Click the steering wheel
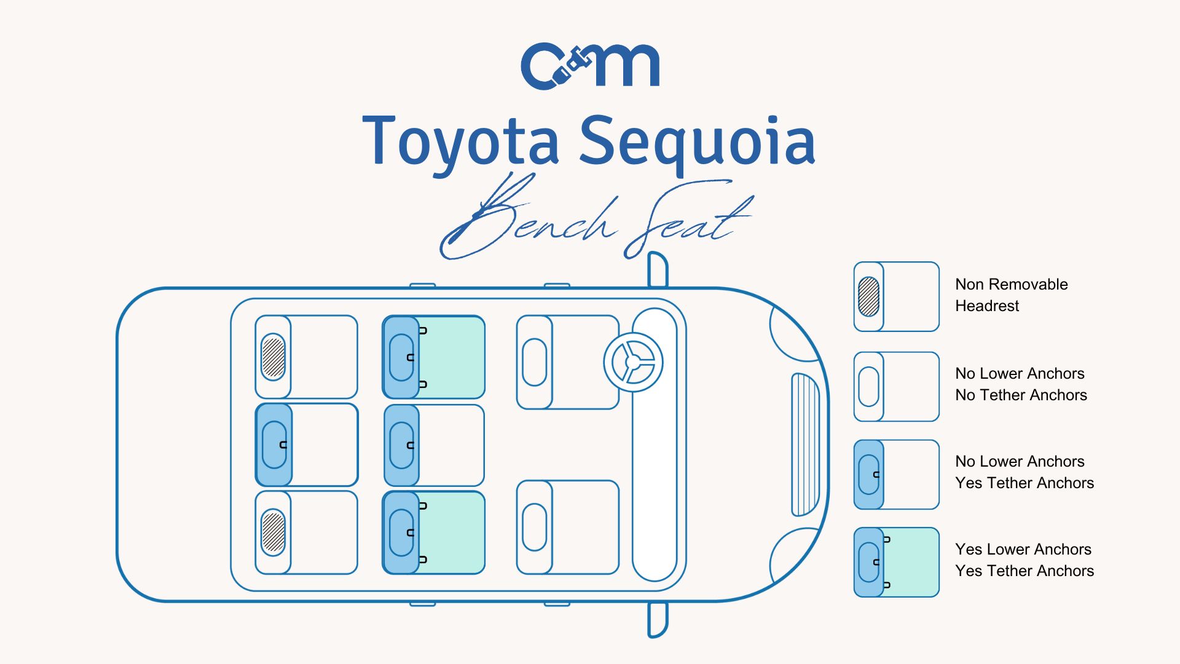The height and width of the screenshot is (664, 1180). pyautogui.click(x=633, y=362)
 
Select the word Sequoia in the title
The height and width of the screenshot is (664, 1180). pyautogui.click(x=697, y=143)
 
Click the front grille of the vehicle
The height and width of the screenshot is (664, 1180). pyautogui.click(x=804, y=444)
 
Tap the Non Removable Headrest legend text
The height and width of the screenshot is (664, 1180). pyautogui.click(x=1011, y=295)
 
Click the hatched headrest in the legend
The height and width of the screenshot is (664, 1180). pyautogui.click(x=868, y=296)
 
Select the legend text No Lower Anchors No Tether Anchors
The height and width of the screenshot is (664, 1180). pyautogui.click(x=1021, y=384)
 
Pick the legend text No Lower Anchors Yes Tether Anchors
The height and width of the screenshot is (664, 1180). pyautogui.click(x=1024, y=472)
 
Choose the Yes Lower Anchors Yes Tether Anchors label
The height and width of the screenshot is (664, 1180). pyautogui.click(x=1024, y=560)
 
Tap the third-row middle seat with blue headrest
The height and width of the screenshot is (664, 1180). pyautogui.click(x=306, y=445)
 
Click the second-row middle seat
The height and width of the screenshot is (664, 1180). pyautogui.click(x=434, y=445)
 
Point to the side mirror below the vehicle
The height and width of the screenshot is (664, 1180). pyautogui.click(x=658, y=620)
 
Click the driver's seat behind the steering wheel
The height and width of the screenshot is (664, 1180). pyautogui.click(x=567, y=362)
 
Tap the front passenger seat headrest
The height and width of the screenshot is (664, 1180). pyautogui.click(x=534, y=527)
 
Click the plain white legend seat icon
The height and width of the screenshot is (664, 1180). pyautogui.click(x=897, y=387)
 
